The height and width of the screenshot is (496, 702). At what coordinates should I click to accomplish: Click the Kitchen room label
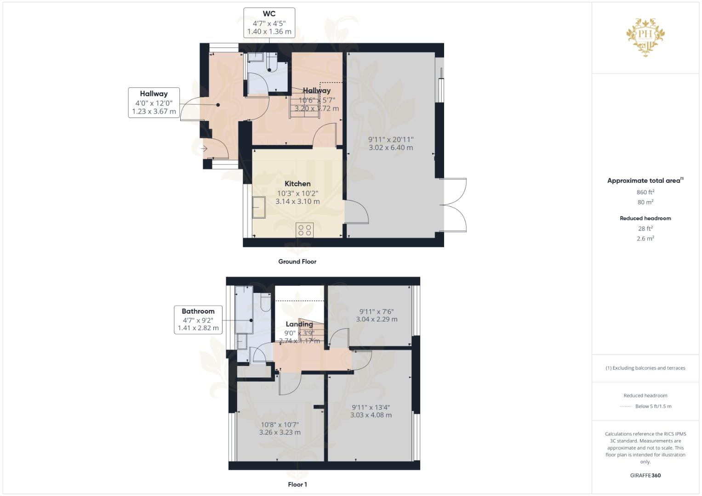pyautogui.click(x=297, y=184)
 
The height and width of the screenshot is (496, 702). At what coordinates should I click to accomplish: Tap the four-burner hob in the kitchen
pyautogui.click(x=305, y=230)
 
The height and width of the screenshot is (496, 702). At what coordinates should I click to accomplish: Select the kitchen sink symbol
pyautogui.click(x=258, y=208)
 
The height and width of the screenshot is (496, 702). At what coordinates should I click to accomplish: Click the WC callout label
pyautogui.click(x=269, y=14)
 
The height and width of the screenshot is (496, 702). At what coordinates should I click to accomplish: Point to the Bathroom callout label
pyautogui.click(x=198, y=311)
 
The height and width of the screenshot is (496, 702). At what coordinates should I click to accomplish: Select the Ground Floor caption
pyautogui.click(x=297, y=261)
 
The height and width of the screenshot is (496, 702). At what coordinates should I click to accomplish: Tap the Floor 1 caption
pyautogui.click(x=297, y=485)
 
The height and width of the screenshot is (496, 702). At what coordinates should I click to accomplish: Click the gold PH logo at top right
pyautogui.click(x=645, y=37)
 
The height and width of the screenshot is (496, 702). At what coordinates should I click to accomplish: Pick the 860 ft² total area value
pyautogui.click(x=645, y=192)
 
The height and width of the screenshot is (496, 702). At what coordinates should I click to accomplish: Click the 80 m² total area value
pyautogui.click(x=645, y=202)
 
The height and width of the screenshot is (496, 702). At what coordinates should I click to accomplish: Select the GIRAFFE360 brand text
pyautogui.click(x=645, y=475)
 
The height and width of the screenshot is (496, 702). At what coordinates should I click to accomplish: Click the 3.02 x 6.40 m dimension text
pyautogui.click(x=391, y=147)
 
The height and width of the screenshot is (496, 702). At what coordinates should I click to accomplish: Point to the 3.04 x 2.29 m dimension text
pyautogui.click(x=377, y=319)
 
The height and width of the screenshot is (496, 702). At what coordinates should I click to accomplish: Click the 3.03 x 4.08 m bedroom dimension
pyautogui.click(x=371, y=415)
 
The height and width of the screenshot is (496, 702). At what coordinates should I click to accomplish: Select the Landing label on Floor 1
pyautogui.click(x=299, y=324)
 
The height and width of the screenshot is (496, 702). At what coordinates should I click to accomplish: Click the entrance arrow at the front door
pyautogui.click(x=204, y=149)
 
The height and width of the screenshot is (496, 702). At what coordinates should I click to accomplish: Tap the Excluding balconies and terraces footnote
pyautogui.click(x=645, y=368)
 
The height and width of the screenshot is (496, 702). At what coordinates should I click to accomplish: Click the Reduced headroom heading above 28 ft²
pyautogui.click(x=645, y=218)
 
